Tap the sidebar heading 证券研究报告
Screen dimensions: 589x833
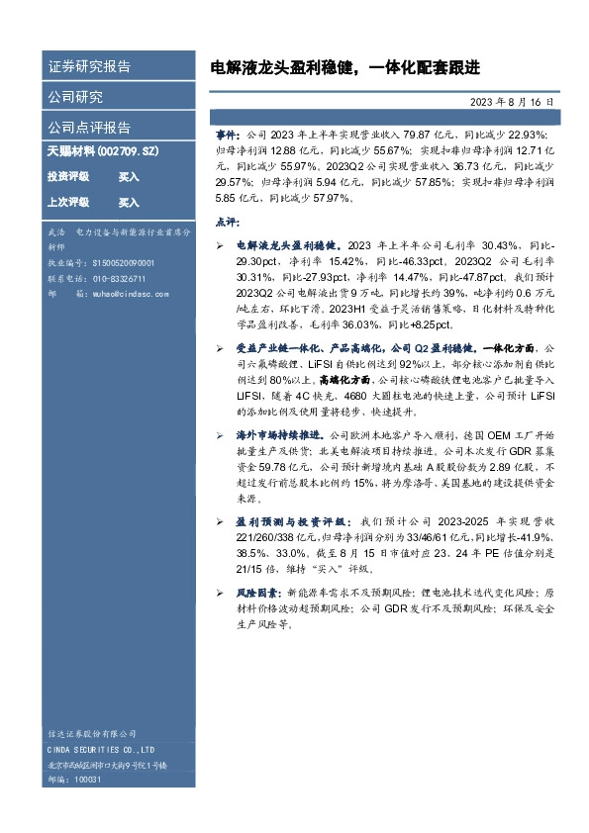click(89, 67)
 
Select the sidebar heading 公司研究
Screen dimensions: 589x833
click(75, 97)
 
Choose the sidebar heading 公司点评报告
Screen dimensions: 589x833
click(89, 128)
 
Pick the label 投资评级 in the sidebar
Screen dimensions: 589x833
click(68, 176)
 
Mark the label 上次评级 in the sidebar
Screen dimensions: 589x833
click(68, 202)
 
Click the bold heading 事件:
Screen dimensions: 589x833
click(228, 133)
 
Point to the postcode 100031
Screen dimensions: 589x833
click(88, 780)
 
